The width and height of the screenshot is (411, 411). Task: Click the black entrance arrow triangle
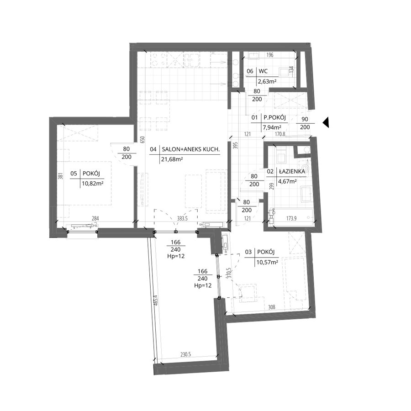[326, 122]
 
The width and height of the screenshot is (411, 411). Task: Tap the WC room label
[263, 71]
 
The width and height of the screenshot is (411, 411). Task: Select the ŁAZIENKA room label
[292, 171]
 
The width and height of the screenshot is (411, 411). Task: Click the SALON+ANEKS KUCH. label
[190, 149]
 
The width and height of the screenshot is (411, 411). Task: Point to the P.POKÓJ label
[274, 118]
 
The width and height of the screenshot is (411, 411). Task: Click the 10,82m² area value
[93, 184]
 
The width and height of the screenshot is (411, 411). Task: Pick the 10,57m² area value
[267, 262]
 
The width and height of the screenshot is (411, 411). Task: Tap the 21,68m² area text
[172, 159]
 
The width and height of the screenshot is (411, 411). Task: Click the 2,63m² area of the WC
[267, 82]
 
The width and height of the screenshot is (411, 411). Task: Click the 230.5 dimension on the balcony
[185, 355]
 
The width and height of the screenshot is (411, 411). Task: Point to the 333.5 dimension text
[182, 218]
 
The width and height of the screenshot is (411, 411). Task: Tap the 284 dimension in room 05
[95, 218]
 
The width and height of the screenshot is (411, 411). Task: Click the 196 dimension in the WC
[270, 55]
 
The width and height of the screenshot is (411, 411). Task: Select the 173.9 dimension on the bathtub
[291, 218]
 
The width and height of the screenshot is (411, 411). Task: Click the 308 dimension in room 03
[272, 307]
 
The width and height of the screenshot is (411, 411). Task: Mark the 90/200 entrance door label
[305, 123]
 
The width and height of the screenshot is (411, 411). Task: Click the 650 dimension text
[142, 139]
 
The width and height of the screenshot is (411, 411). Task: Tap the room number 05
[74, 174]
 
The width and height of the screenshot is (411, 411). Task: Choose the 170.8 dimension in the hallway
[280, 134]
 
